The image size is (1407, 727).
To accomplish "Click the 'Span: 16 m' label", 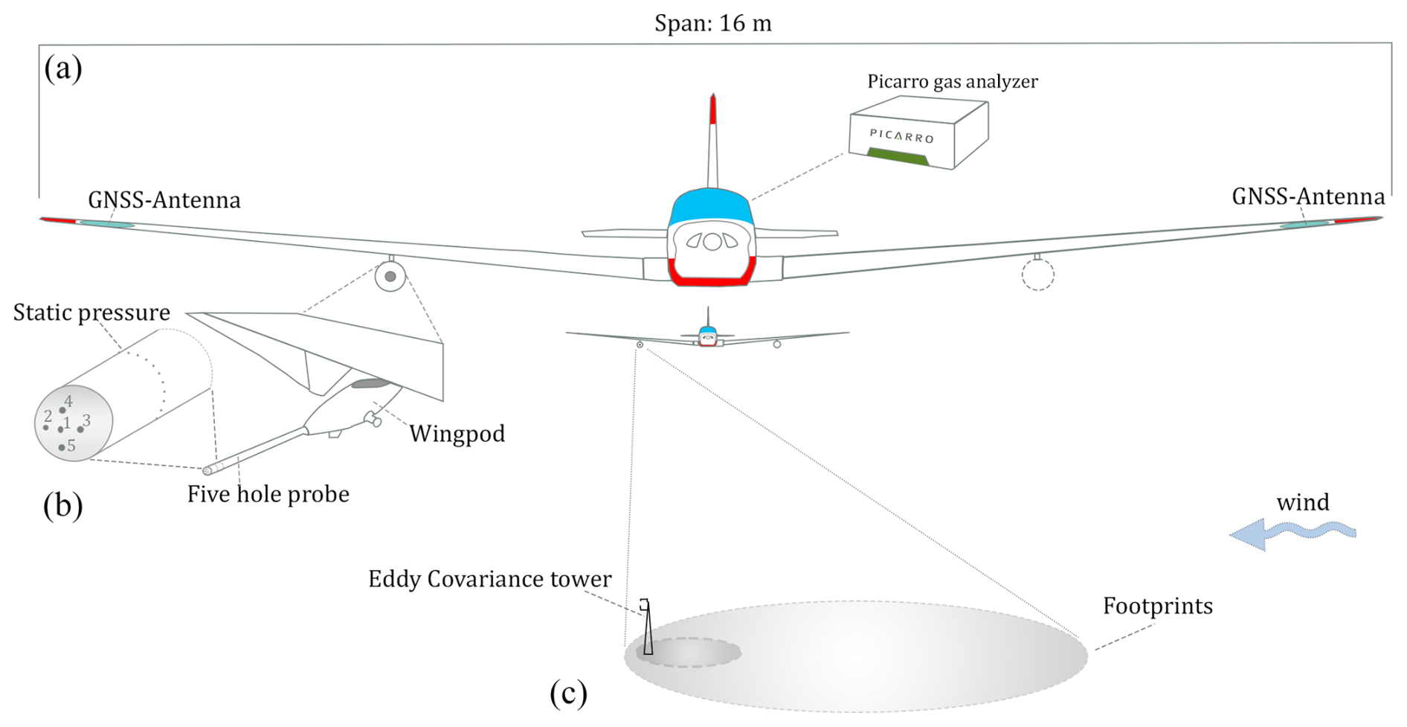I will tap(712, 24).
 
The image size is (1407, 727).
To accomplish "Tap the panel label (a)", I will tap(63, 68).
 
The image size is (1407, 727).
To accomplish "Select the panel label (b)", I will tap(62, 505).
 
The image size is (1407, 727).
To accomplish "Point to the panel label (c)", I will tap(568, 693).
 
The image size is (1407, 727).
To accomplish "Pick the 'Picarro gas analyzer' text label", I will tap(952, 81).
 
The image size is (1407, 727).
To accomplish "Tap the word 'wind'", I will tap(1302, 503).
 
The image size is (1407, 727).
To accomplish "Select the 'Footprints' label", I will tap(1157, 606).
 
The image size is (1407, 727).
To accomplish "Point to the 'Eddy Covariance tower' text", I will tap(489, 579).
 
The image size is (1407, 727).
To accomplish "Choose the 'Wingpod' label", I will tap(457, 434).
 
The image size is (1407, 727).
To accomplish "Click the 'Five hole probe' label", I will tap(268, 494).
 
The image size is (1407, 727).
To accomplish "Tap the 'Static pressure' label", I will tap(91, 313).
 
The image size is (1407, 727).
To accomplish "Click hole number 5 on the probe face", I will tap(62, 447).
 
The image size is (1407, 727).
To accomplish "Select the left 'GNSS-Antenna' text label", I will tap(164, 200).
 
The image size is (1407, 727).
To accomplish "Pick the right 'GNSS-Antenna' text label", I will tap(1308, 196).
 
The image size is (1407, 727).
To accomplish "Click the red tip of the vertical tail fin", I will tap(712, 109).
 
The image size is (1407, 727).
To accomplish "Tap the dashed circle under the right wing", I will tap(1037, 275).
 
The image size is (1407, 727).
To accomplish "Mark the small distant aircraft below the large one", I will tap(707, 336).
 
